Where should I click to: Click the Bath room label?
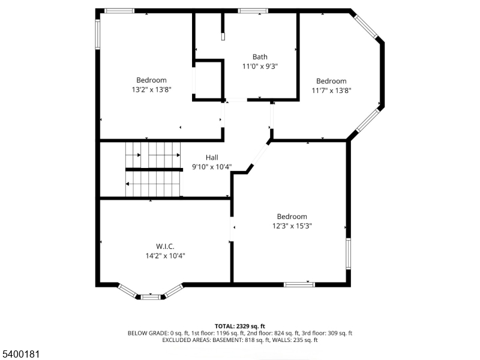pos(260,57)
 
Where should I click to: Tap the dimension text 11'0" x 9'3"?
pos(260,67)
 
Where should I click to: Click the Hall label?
pos(212,158)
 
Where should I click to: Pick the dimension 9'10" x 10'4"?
pos(212,167)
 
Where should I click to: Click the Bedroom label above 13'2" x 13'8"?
pos(151,80)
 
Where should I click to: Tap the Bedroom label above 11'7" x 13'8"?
pos(331,81)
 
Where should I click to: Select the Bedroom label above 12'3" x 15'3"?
pos(292,217)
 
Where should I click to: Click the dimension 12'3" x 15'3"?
pos(292,226)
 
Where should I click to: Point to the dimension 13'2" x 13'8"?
pos(151,89)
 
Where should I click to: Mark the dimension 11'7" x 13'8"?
pos(331,91)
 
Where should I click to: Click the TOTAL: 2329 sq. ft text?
pos(240,325)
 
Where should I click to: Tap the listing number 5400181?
pos(21,354)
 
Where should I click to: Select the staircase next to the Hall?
pos(153,170)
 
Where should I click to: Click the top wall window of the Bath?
pos(253,11)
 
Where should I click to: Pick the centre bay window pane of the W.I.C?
pos(151,296)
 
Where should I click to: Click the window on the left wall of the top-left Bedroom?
pos(98,34)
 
